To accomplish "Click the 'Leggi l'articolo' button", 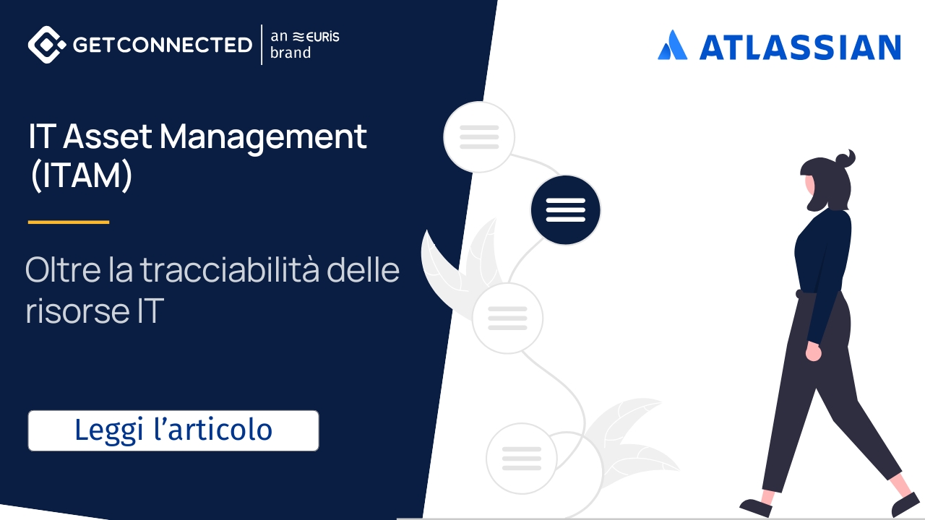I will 173,430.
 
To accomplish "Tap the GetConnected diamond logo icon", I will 47,45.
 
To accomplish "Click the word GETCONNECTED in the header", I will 163,45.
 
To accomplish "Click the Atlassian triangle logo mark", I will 672,45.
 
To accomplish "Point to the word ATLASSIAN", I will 799,47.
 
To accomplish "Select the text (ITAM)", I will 81,177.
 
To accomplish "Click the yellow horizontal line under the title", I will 69,222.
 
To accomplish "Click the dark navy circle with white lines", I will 565,209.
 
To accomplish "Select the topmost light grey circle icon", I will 479,136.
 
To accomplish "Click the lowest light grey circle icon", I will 521,458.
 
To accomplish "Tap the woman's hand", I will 814,352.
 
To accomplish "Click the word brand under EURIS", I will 291,53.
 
